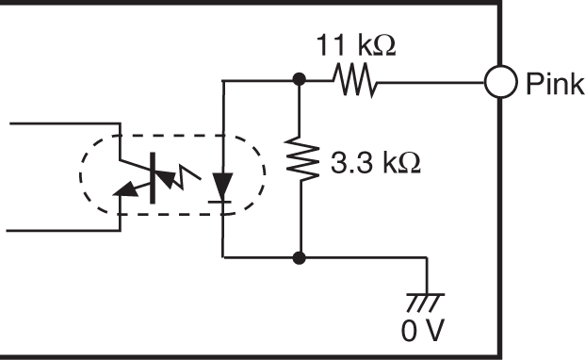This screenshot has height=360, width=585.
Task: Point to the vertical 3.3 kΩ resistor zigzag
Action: pos(299,162)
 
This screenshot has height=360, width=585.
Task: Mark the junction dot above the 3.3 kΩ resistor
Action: pos(299,82)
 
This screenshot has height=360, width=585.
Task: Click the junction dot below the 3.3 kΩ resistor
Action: pos(299,255)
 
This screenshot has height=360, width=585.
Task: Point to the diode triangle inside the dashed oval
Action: pos(222,182)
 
